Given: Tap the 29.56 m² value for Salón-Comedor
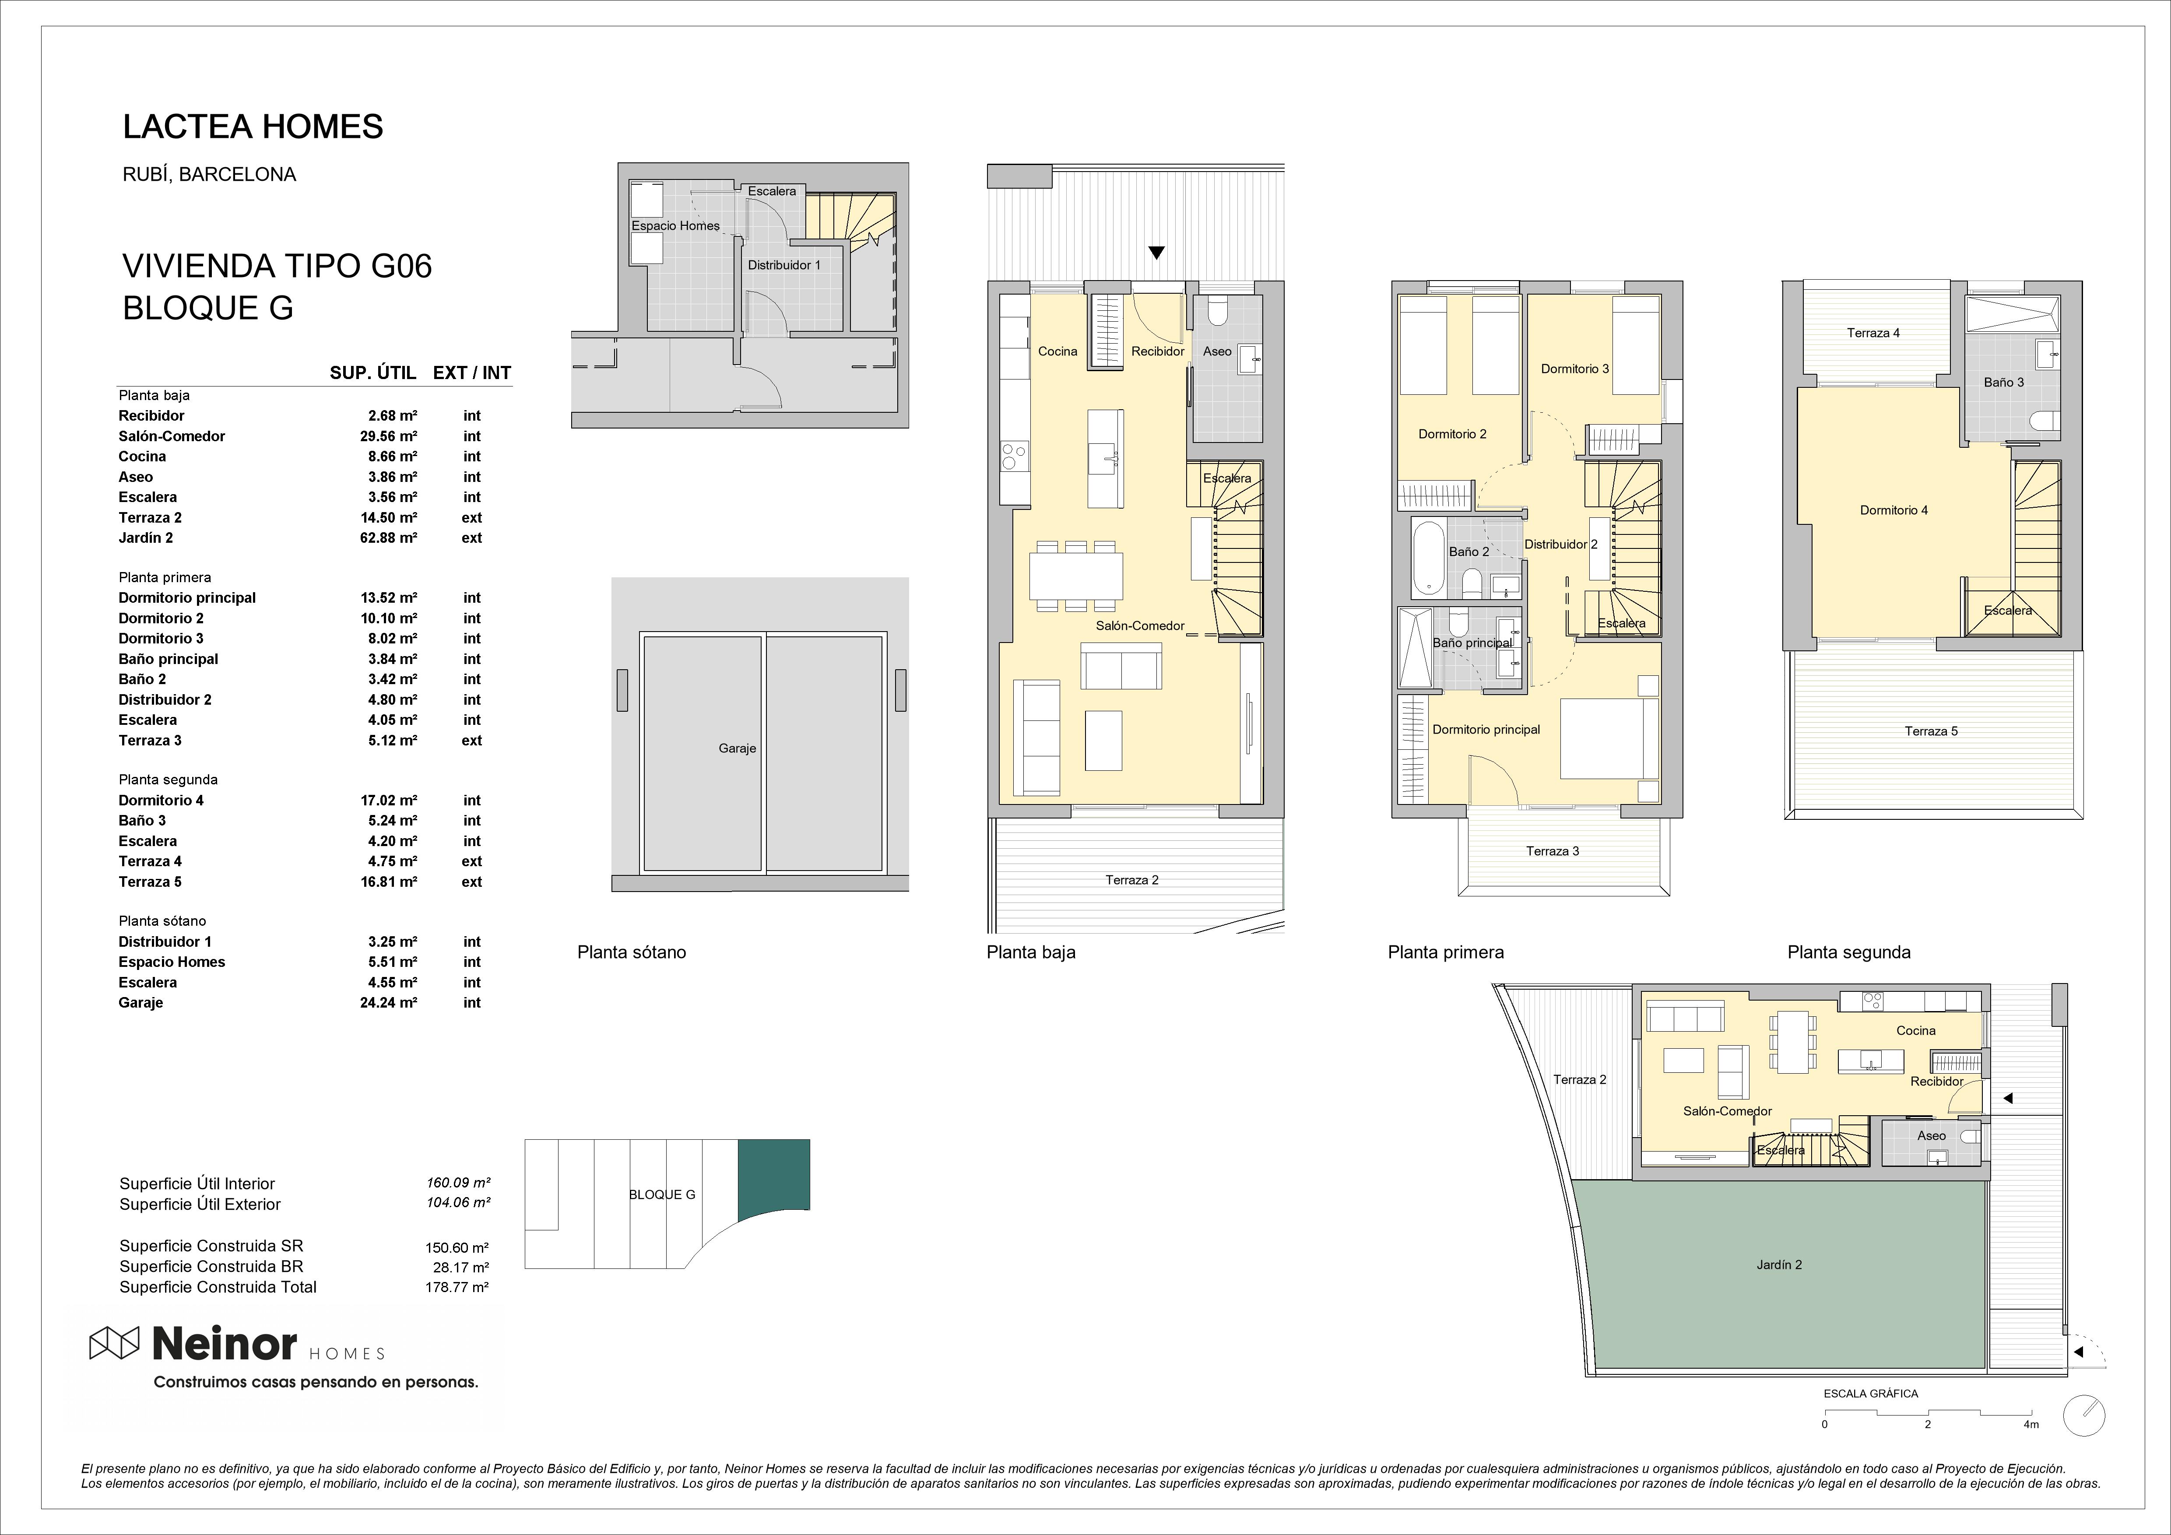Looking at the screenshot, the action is tap(389, 436).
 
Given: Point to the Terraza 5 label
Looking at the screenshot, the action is tap(1931, 731).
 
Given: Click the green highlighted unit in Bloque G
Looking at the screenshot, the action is tap(773, 1173).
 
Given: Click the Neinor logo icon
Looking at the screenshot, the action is tap(114, 1343).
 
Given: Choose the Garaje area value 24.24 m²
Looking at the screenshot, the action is tap(389, 1002).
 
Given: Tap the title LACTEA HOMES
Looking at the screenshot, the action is tap(253, 127).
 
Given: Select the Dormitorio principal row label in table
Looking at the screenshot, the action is tap(187, 598).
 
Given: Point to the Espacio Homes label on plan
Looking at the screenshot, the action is tap(676, 226).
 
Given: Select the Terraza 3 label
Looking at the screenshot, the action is tap(1553, 851).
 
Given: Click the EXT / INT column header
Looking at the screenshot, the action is tap(472, 372).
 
